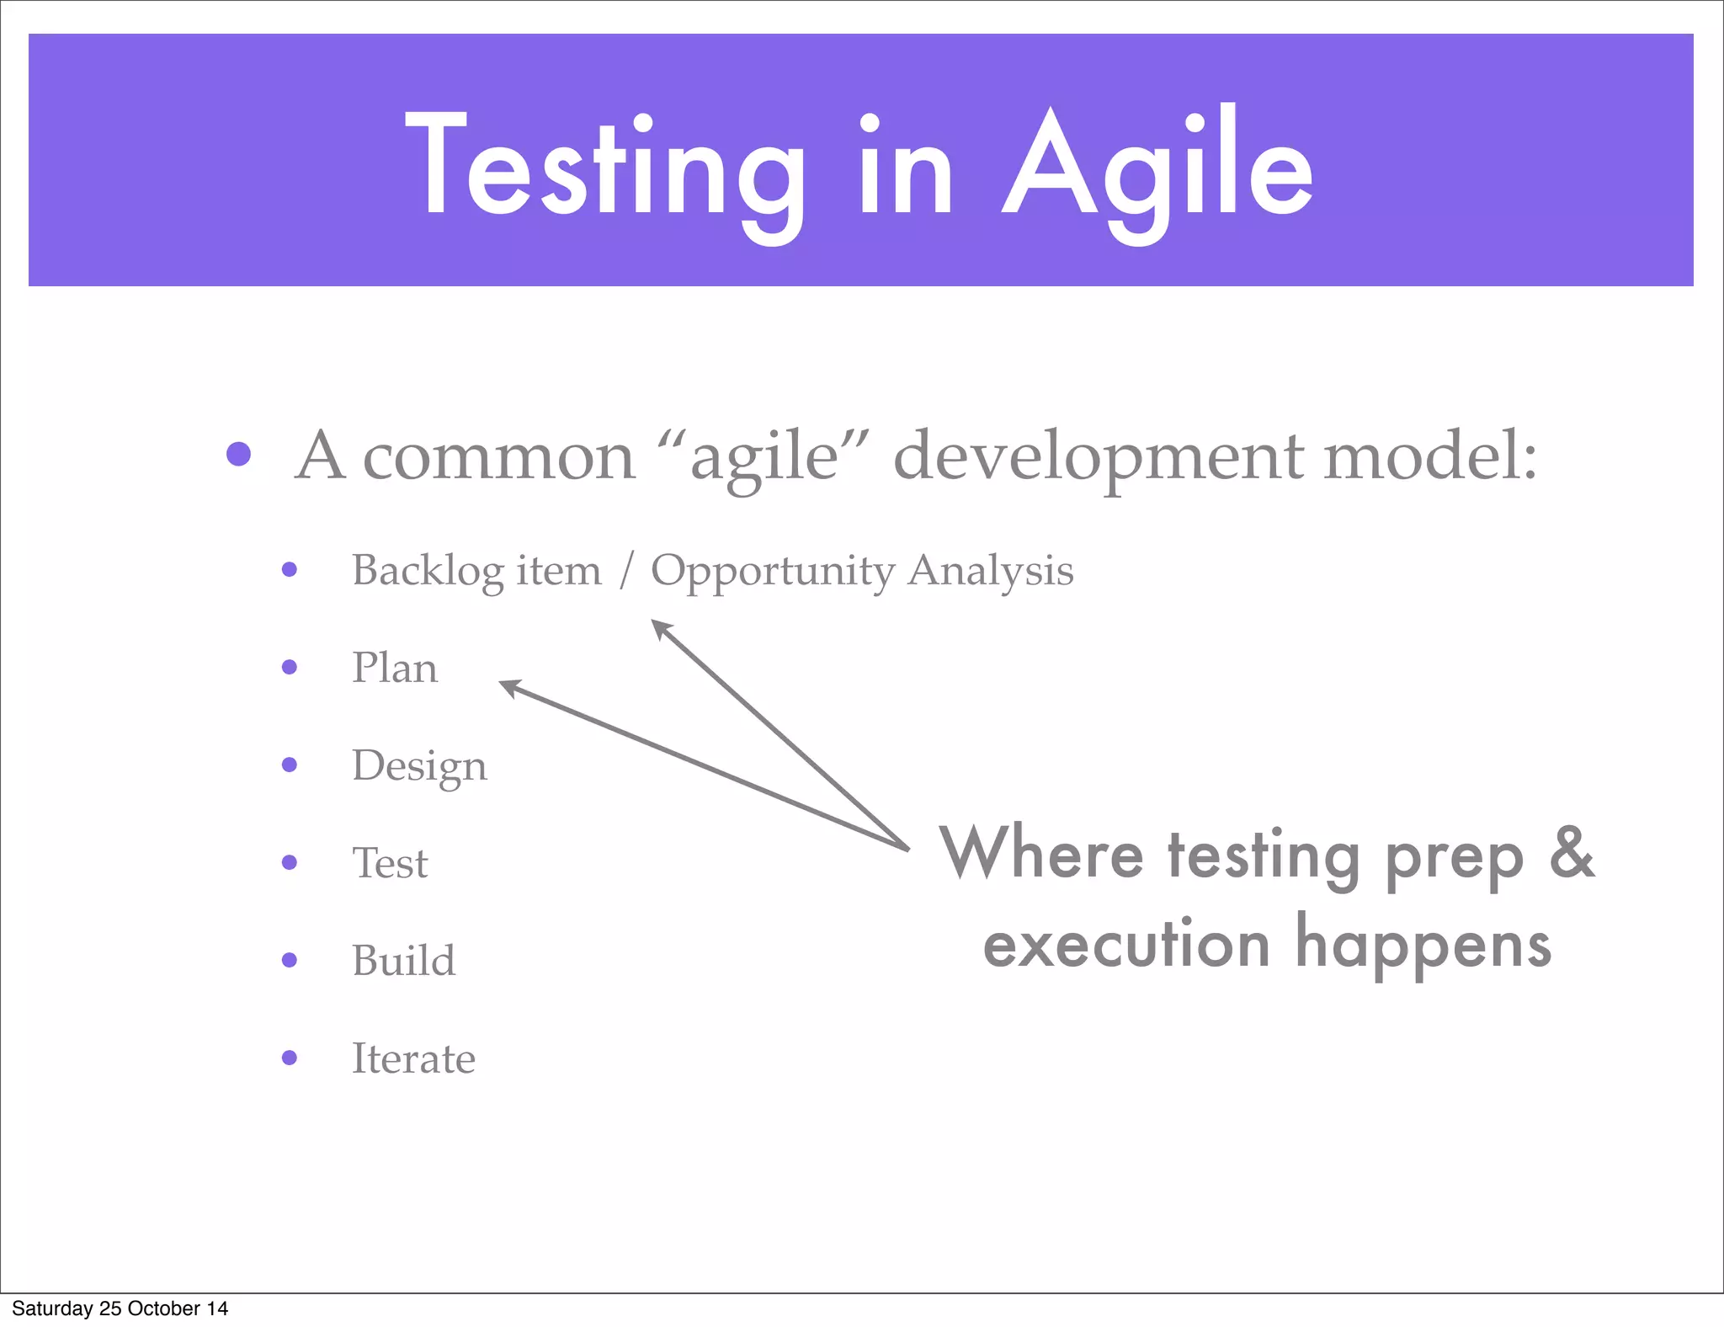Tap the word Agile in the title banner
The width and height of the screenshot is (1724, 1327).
(x=1157, y=168)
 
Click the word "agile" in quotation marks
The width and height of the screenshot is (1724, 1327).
(x=764, y=456)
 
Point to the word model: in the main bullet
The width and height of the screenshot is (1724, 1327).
(x=1429, y=456)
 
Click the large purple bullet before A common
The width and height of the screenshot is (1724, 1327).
(x=239, y=455)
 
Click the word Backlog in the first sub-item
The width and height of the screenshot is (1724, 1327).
(x=428, y=571)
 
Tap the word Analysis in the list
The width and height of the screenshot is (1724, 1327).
(x=991, y=571)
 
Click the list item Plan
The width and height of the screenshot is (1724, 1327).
(x=394, y=668)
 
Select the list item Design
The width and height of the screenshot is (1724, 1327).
(x=418, y=766)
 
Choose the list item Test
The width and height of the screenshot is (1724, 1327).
(x=390, y=863)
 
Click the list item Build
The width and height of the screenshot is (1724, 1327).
(x=403, y=961)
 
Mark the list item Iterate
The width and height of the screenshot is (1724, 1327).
(x=412, y=1058)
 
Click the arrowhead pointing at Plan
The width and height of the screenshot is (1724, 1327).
(x=508, y=687)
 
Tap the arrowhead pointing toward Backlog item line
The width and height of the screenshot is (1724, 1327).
(x=660, y=627)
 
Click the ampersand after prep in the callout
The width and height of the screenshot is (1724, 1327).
(x=1571, y=852)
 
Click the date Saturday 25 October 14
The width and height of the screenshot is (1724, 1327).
(x=120, y=1308)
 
